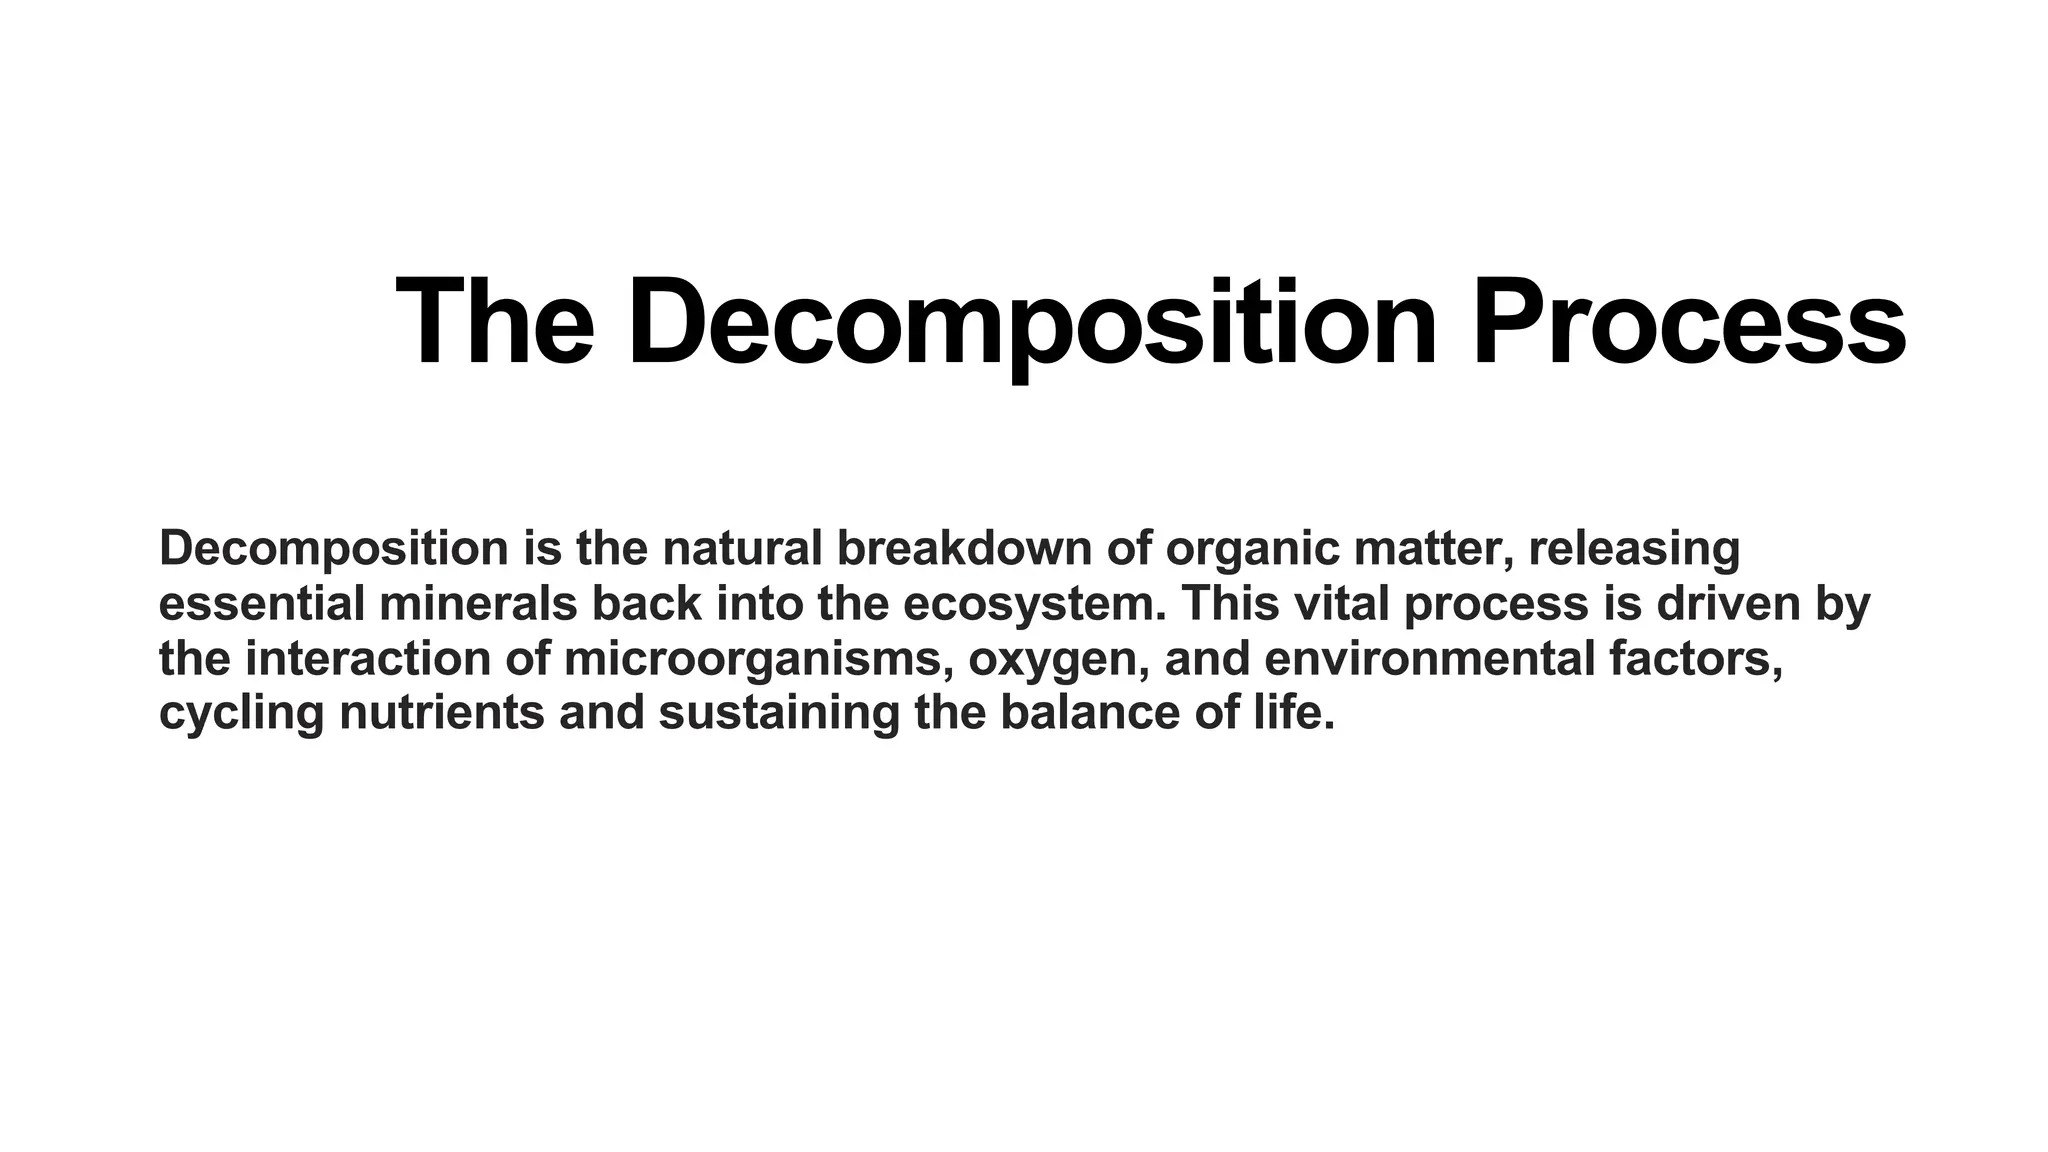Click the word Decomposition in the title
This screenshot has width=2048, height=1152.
coord(1031,322)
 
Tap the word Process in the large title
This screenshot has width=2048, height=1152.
coord(1689,322)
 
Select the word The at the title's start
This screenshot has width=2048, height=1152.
coord(495,322)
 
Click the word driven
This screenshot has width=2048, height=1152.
coord(1728,603)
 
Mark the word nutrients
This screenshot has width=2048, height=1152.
coord(442,713)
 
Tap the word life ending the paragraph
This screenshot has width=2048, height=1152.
coord(1304,713)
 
